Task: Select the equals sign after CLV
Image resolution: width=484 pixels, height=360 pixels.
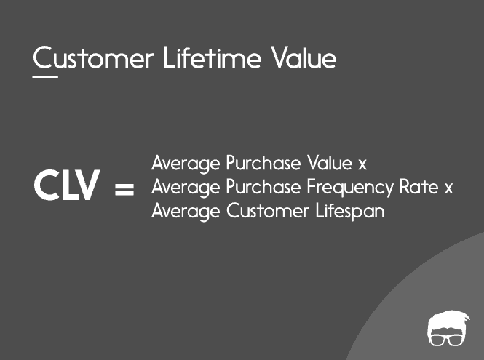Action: coord(125,191)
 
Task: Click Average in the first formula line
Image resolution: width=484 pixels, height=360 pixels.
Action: coord(186,163)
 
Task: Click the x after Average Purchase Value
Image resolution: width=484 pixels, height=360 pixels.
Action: coord(362,164)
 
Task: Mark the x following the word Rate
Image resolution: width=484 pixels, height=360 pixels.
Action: coord(448,189)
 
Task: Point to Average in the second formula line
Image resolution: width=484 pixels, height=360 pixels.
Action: coord(186,188)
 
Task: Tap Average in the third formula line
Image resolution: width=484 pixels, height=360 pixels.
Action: coord(186,212)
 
